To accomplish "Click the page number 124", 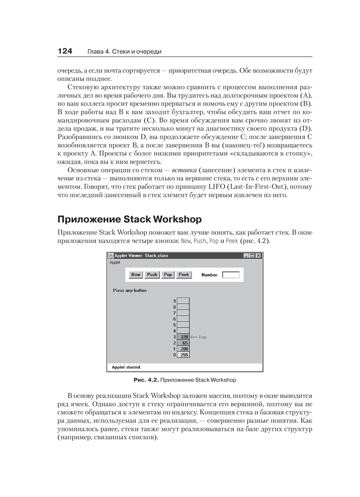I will click(66, 51).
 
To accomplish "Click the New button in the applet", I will click(136, 274).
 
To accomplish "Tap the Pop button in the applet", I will click(168, 274).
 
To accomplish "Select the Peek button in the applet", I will click(184, 274).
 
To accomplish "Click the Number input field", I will click(231, 274).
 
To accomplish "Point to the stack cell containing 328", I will click(183, 336).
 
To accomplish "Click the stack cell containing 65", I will click(183, 343).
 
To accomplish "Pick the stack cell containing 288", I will click(183, 349).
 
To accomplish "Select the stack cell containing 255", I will click(183, 355).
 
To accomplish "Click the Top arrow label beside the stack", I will click(199, 337).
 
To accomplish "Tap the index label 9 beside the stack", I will click(175, 301).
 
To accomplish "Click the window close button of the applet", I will click(258, 255).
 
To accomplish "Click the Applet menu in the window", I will click(115, 262).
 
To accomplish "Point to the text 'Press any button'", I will click(130, 290).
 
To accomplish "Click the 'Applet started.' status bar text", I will click(126, 368).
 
